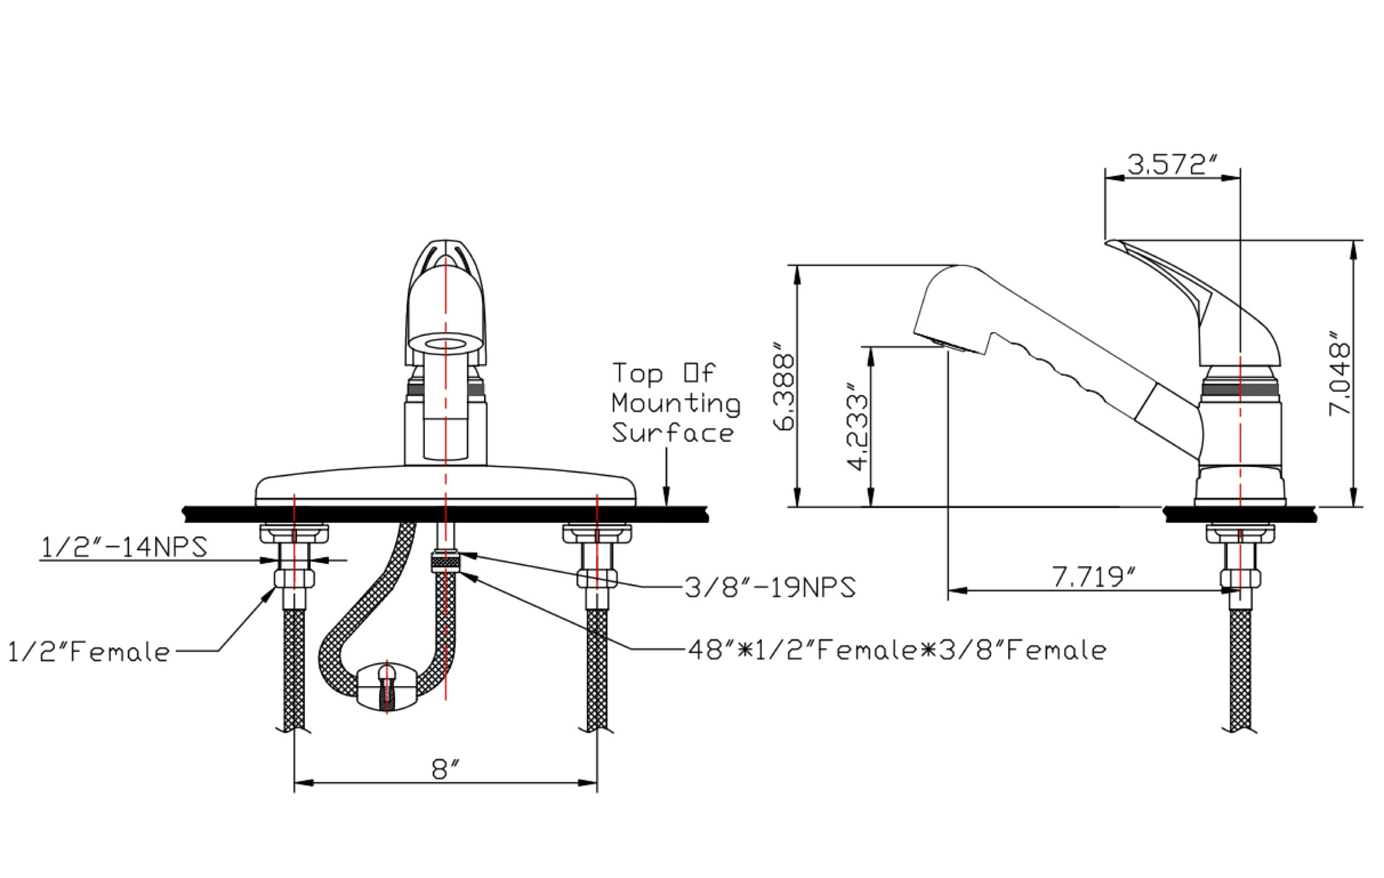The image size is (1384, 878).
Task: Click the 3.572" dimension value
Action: (x=1172, y=165)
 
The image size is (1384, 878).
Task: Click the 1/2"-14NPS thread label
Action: (x=123, y=547)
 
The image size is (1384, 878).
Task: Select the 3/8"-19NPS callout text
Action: (x=770, y=587)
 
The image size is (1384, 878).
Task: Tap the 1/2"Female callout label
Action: (x=89, y=652)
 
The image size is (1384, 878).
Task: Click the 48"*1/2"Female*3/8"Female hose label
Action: (x=897, y=651)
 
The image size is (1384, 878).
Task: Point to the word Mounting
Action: (x=676, y=404)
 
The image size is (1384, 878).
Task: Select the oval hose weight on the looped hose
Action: (x=387, y=688)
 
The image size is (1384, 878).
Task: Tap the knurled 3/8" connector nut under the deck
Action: (x=446, y=561)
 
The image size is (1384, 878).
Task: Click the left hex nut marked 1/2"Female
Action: (x=294, y=578)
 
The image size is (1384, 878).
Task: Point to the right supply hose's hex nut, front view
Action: (x=597, y=578)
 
